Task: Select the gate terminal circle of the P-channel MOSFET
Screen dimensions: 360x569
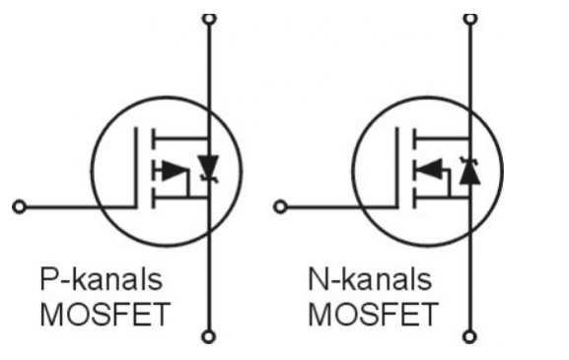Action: coord(17,207)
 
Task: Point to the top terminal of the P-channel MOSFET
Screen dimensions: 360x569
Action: coord(207,17)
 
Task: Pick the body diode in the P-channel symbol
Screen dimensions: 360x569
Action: coord(207,165)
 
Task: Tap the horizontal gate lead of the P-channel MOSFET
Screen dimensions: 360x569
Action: coord(79,207)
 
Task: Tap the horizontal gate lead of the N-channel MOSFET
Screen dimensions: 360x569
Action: coord(340,207)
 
